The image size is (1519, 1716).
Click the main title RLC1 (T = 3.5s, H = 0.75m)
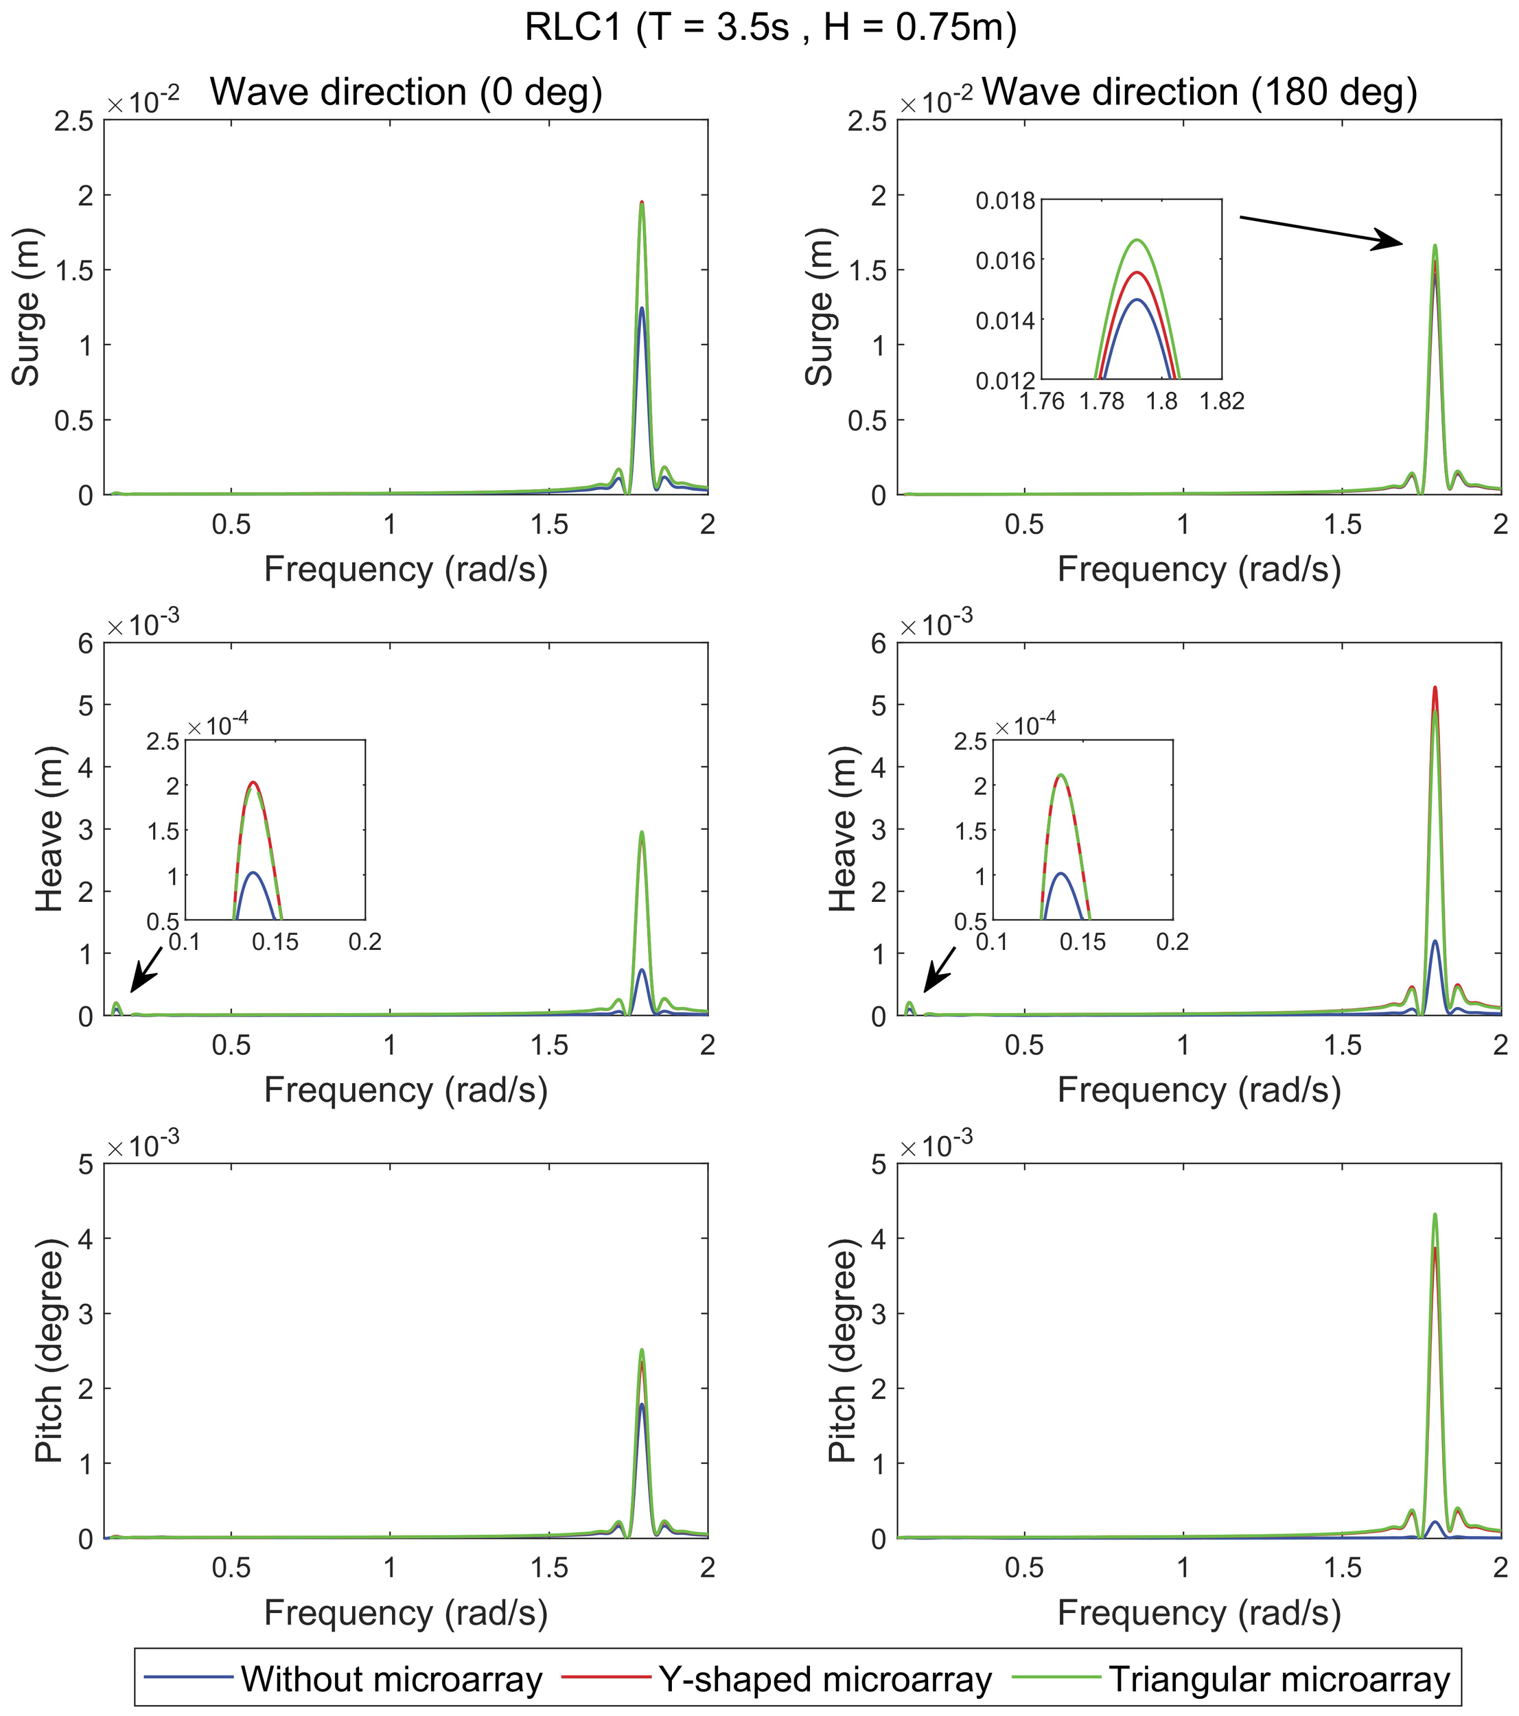point(770,27)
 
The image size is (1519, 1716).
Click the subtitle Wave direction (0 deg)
point(406,91)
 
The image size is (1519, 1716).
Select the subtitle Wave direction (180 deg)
point(1199,91)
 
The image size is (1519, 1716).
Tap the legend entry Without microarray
point(391,1678)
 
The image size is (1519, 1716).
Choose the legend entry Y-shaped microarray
point(824,1678)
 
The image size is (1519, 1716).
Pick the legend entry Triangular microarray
point(1279,1678)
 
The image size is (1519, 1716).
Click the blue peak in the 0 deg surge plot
point(642,310)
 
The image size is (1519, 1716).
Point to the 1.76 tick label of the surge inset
point(1042,402)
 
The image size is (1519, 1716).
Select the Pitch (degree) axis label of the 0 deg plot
point(50,1350)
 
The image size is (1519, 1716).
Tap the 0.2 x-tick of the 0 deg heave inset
point(364,942)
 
